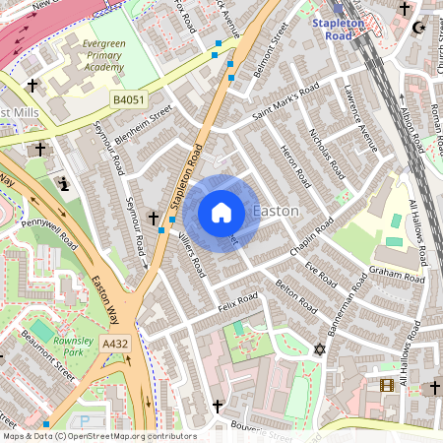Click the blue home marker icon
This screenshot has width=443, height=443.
pos(221,213)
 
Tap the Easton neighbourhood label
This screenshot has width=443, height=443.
pos(277,212)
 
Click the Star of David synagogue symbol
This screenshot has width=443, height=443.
pos(318,349)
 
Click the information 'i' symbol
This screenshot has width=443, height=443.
pos(65,183)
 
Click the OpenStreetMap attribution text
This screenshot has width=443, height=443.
pos(98,436)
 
